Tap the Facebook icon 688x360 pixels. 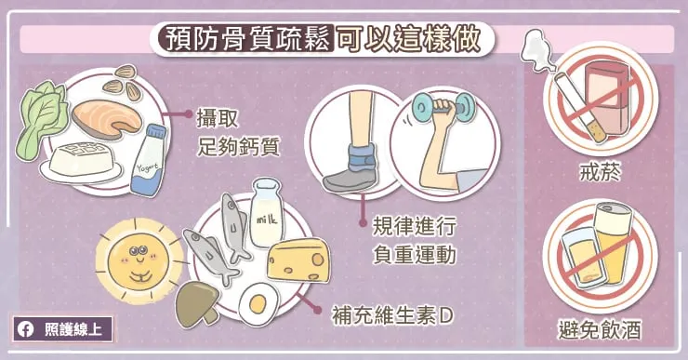(x=27, y=328)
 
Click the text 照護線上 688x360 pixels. (x=74, y=328)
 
